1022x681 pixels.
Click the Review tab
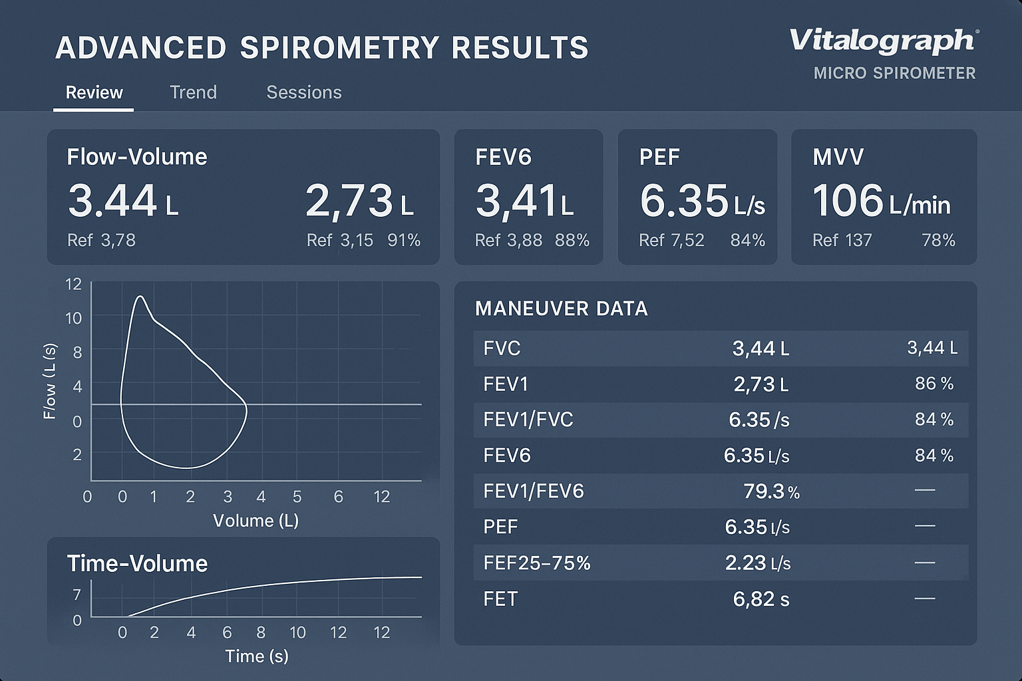94,92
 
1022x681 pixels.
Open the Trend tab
193,92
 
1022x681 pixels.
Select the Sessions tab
304,92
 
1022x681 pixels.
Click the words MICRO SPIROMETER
894,73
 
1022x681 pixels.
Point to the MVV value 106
847,201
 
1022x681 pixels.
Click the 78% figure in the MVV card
938,240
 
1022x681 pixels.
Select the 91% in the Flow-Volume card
404,240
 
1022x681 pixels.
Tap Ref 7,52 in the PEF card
671,240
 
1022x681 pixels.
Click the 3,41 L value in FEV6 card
524,201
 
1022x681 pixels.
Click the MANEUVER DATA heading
561,309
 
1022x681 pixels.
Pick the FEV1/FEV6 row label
533,491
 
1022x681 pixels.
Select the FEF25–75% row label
536,563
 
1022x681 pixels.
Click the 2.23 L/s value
757,563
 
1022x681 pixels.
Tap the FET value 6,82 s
761,599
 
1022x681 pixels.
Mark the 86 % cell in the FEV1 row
934,384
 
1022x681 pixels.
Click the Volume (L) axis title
255,521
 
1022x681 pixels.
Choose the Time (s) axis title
256,656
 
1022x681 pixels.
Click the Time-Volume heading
137,564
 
